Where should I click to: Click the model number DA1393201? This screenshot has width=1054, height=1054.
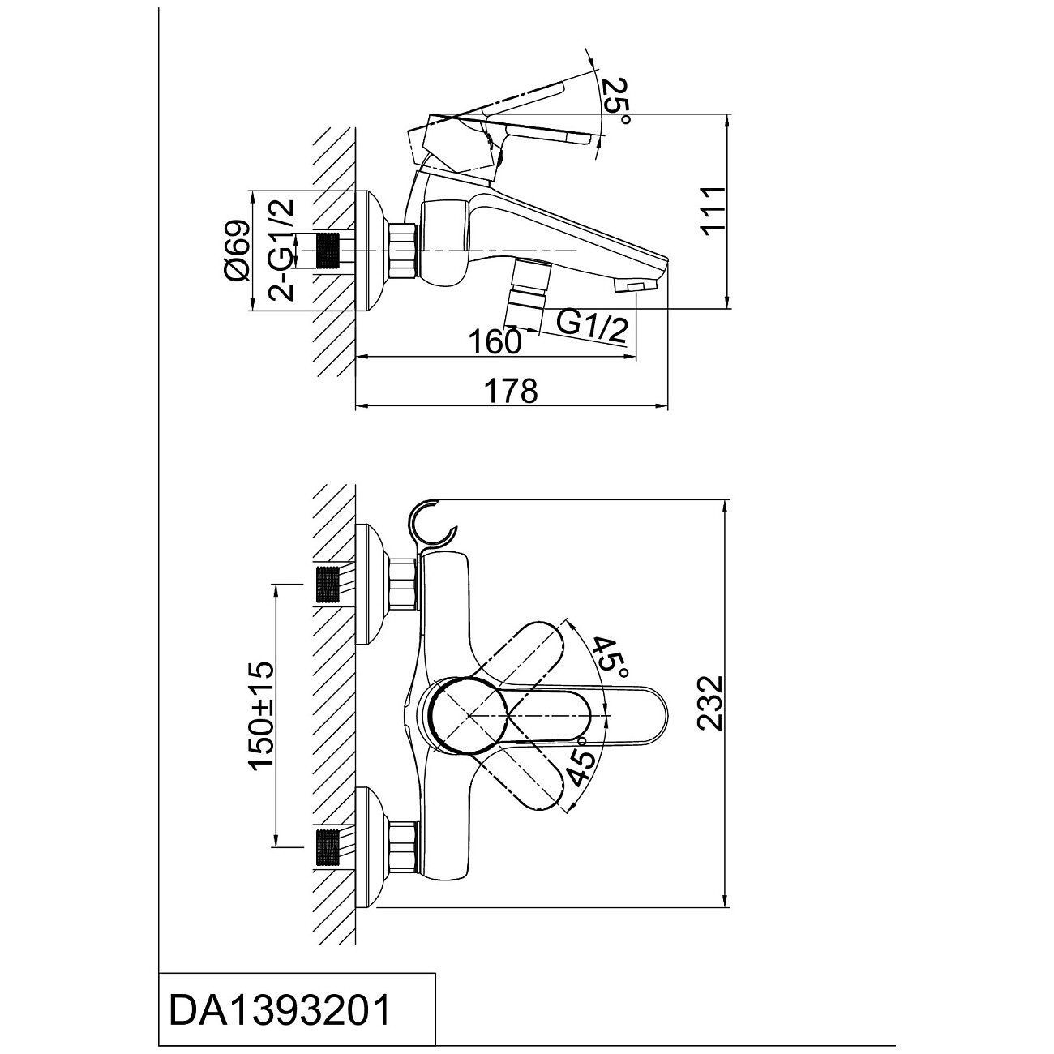pos(281,1010)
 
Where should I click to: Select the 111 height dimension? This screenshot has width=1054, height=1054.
pos(710,210)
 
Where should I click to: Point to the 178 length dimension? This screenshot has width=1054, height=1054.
pos(511,391)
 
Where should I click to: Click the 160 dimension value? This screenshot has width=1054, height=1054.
pos(494,341)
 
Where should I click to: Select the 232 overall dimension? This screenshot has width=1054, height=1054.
pos(710,703)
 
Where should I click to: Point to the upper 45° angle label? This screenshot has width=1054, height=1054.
pos(610,658)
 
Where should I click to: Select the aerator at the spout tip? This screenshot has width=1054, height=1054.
pos(636,285)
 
